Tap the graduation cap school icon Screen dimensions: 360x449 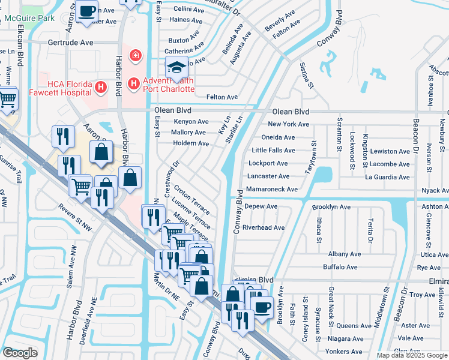pos(177,67)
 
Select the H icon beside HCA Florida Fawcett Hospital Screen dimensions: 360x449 pos(101,87)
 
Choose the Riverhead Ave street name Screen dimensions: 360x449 pos(263,227)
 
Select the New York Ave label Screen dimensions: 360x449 pos(288,124)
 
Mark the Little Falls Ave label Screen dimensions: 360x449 pos(273,150)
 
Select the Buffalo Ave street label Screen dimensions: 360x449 pos(340,267)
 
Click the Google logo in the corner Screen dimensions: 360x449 pos(20,352)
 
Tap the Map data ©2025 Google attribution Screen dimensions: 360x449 pos(411,355)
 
